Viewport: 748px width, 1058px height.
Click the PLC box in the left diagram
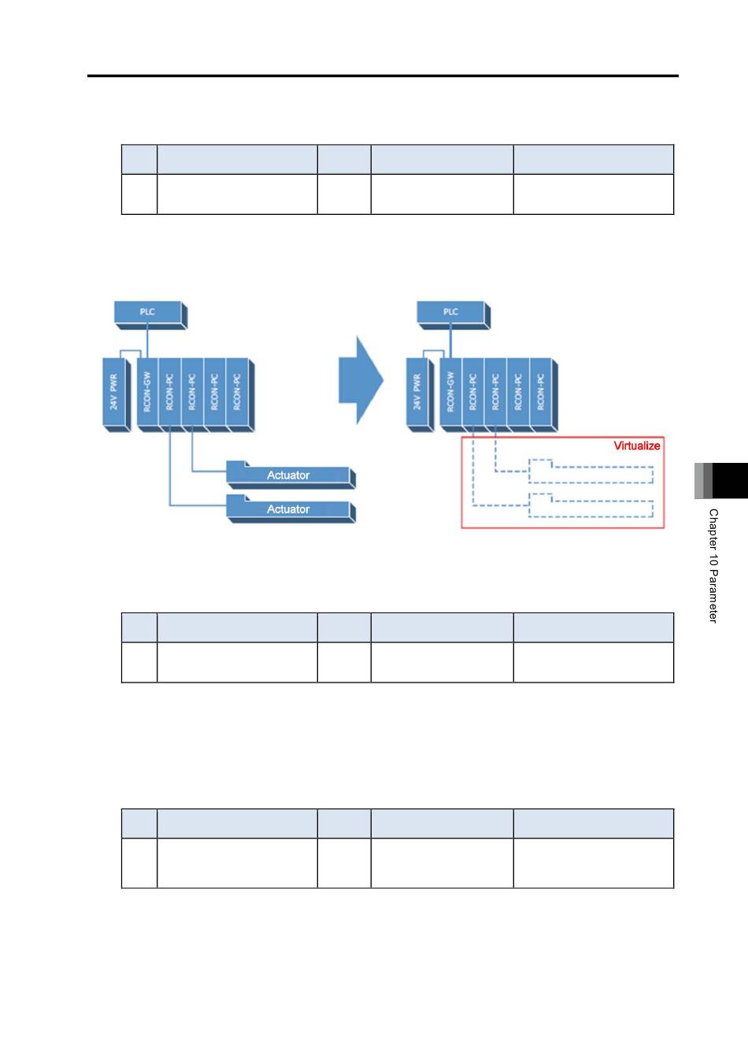pos(150,315)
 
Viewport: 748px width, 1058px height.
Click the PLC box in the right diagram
pos(454,315)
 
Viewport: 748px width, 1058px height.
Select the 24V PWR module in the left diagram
pos(117,395)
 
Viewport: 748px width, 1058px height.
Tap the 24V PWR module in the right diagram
pos(420,395)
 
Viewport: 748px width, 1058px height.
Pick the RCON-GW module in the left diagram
pos(147,395)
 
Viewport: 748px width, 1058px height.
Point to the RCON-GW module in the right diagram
pos(451,395)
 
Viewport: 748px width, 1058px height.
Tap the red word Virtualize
pos(636,446)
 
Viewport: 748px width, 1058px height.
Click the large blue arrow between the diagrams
pos(361,380)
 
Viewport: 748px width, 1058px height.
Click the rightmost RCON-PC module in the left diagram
pos(239,395)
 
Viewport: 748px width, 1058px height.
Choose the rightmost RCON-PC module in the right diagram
pos(543,395)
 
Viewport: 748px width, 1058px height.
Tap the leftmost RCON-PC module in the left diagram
pos(169,395)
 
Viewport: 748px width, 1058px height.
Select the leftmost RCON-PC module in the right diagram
pos(473,395)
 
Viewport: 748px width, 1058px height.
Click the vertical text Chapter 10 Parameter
pos(713,566)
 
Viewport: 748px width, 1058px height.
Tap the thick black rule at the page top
pos(383,76)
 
